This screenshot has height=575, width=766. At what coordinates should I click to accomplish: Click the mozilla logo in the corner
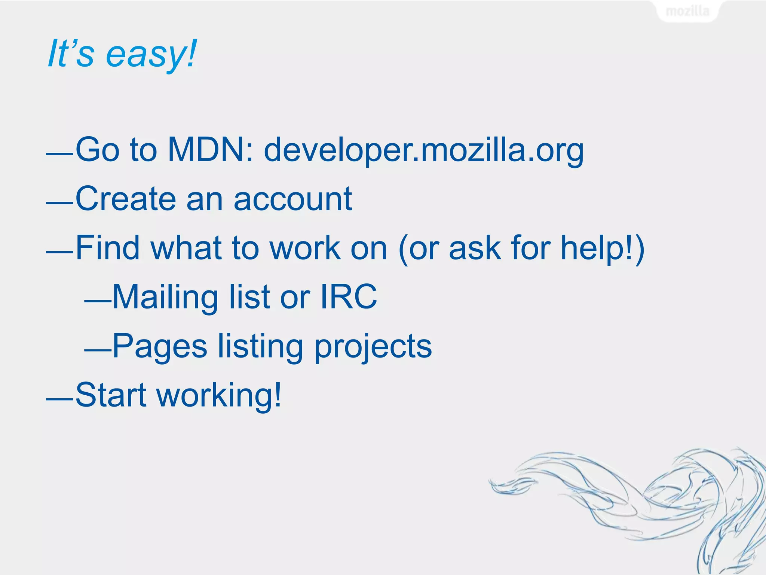tap(687, 11)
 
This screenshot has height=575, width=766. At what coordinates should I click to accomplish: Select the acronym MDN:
tap(211, 149)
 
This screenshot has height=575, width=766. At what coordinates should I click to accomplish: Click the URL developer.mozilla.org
tap(423, 150)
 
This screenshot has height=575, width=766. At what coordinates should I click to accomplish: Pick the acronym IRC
tap(349, 296)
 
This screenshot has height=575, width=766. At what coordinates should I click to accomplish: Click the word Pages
tap(160, 346)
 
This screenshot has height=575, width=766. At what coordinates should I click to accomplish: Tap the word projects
tap(373, 347)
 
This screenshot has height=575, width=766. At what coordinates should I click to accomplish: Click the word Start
tap(111, 395)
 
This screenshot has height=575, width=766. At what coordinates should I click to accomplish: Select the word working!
tap(219, 395)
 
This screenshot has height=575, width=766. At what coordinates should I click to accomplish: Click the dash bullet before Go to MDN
tap(59, 154)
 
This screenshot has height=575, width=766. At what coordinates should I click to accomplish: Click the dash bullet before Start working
tap(59, 399)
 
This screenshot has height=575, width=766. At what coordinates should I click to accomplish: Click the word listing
tap(260, 347)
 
